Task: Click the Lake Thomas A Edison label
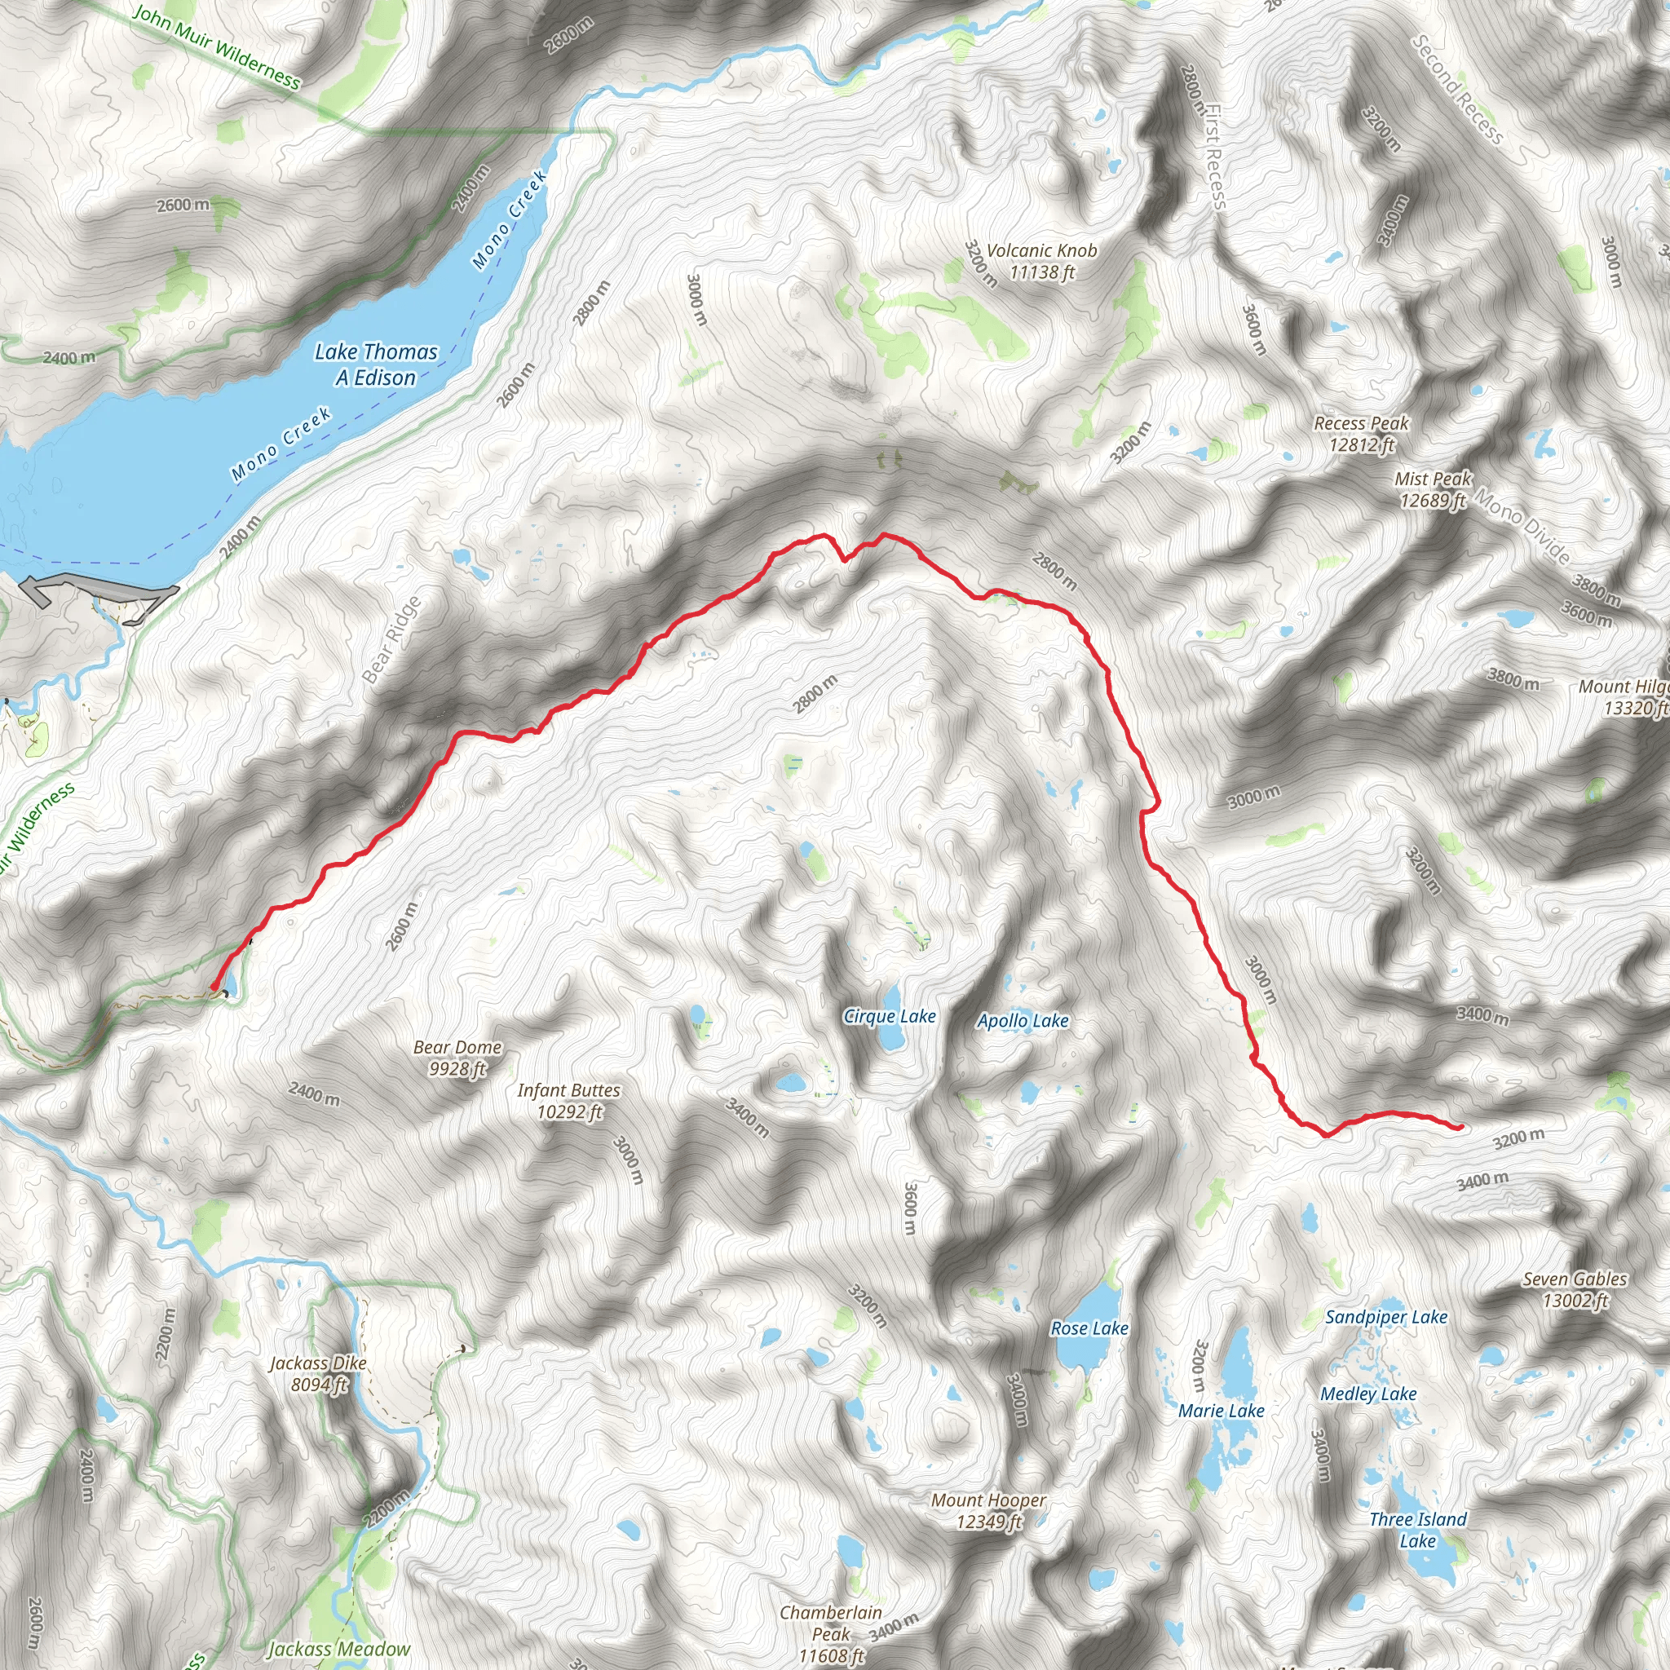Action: [x=375, y=364]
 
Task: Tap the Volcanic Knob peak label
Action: [x=1041, y=261]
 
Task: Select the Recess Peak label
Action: [x=1362, y=434]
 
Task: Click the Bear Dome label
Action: [x=457, y=1058]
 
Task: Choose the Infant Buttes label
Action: [x=569, y=1101]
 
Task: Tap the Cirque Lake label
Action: [x=890, y=1017]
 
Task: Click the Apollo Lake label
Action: [x=1023, y=1021]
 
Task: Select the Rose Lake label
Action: [x=1089, y=1328]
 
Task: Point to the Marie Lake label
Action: [x=1221, y=1411]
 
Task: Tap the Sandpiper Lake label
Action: [x=1385, y=1316]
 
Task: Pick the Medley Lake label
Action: [x=1368, y=1394]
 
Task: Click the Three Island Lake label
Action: [x=1417, y=1529]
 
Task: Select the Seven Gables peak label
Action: [x=1574, y=1289]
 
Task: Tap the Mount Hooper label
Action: [x=988, y=1511]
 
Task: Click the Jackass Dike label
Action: [x=318, y=1373]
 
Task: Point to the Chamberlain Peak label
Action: [x=831, y=1632]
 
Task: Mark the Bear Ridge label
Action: [x=391, y=639]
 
